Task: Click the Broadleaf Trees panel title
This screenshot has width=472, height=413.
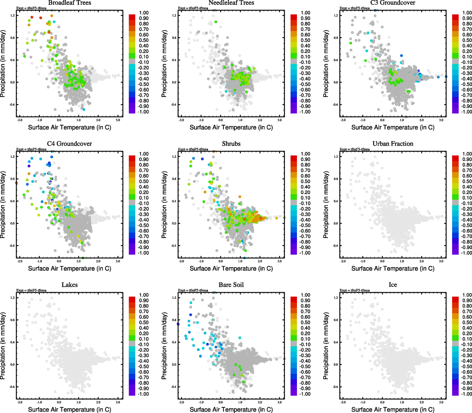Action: coord(69,3)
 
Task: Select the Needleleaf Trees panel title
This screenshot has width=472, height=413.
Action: coord(231,3)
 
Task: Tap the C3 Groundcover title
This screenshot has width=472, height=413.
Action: coord(393,3)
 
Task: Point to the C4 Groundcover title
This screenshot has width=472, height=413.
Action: coord(69,144)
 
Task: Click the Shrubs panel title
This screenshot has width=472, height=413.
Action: coord(231,144)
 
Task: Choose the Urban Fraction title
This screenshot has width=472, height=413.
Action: coord(393,144)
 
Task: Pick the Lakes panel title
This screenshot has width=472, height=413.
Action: coord(69,285)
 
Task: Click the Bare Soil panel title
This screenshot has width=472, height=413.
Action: coord(231,285)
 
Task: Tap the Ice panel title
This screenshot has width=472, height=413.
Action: coord(393,285)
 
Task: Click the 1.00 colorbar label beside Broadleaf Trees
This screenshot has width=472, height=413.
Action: coord(144,13)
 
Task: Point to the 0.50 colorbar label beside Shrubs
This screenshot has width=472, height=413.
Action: coord(305,181)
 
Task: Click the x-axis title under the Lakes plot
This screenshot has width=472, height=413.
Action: coord(69,410)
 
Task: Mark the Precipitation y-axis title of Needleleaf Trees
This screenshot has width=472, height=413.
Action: coord(164,64)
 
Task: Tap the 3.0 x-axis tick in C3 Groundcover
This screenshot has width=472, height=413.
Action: coord(441,120)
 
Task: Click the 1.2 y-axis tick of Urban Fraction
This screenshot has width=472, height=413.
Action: coord(336,157)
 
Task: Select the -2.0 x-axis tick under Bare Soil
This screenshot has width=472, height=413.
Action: coord(181,402)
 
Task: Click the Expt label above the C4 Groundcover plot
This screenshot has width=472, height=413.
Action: coord(31,149)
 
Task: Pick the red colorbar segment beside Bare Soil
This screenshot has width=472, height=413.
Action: coord(294,299)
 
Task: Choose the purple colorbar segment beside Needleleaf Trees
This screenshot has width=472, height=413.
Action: coord(294,110)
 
